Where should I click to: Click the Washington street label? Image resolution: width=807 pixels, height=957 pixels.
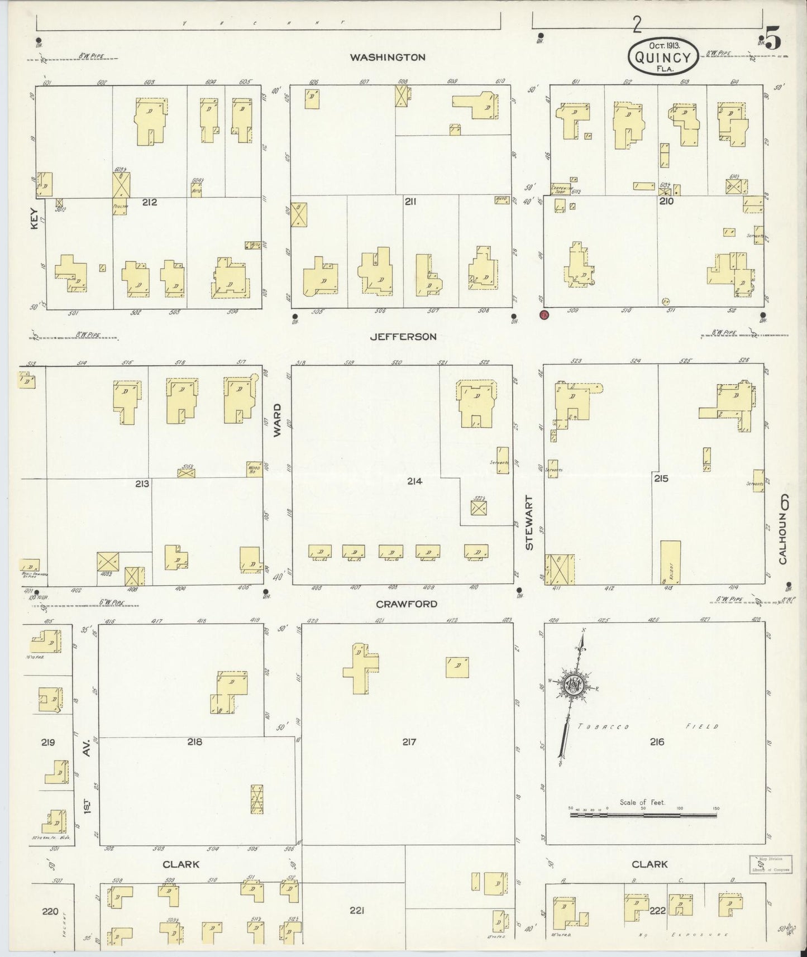pos(388,57)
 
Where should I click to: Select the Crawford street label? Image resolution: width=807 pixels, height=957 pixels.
pos(406,604)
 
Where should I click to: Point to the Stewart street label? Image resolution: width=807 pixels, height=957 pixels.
pos(529,523)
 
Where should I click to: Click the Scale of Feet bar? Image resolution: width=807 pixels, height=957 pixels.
pos(643,816)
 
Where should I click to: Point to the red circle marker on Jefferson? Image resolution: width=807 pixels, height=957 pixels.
pos(544,315)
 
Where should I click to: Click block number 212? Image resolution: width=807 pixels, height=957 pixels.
pos(149,202)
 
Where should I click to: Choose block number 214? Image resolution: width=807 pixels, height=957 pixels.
pos(414,481)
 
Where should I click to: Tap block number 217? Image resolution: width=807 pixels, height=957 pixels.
pos(409,742)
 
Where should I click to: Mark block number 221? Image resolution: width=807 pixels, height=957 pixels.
pos(357,911)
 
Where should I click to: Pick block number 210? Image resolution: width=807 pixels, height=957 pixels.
pos(666,201)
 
